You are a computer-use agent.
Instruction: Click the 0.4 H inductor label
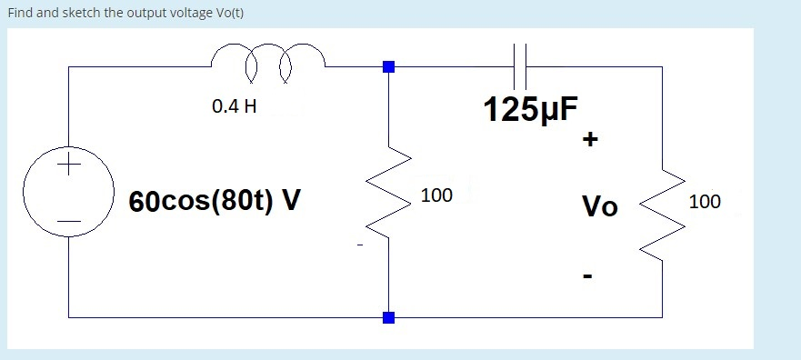(234, 106)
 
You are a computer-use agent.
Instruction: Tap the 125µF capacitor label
(530, 110)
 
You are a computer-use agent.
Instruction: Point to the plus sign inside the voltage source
(68, 166)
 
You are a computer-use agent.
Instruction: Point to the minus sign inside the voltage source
(68, 221)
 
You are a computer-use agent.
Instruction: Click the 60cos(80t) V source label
(214, 201)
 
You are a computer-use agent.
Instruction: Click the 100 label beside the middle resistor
(436, 195)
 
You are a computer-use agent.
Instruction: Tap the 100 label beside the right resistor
(705, 202)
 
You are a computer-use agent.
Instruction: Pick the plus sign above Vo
(591, 141)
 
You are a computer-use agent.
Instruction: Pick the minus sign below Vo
(588, 275)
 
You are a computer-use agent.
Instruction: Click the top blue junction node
(389, 66)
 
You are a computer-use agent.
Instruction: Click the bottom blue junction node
(389, 317)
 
